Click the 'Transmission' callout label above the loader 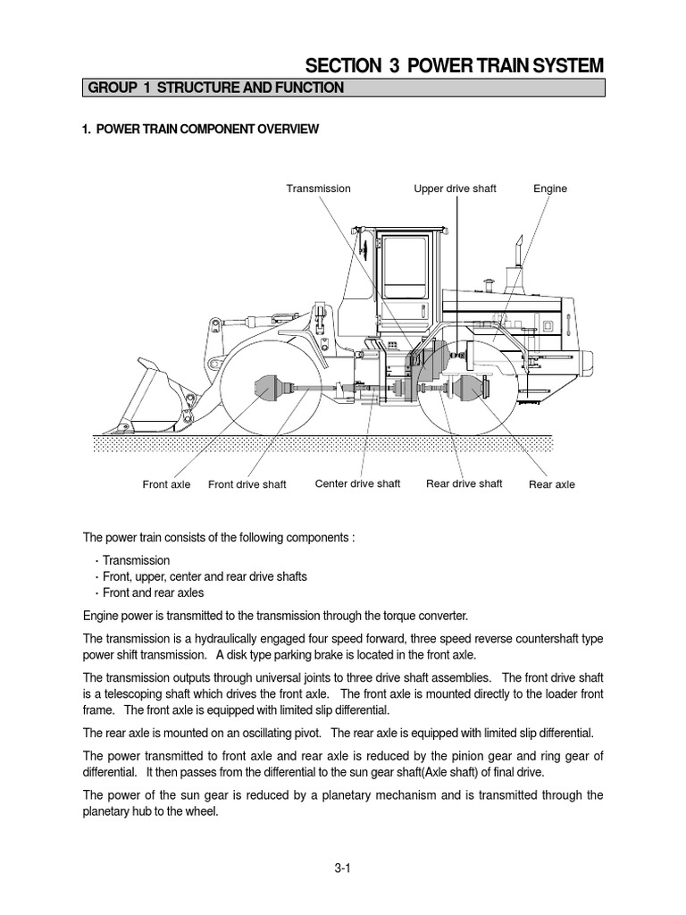coord(318,189)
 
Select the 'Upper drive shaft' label coord(455,189)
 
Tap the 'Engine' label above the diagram coord(549,189)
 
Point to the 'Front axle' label coord(166,484)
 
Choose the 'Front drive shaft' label coord(247,484)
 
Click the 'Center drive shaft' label coord(357,483)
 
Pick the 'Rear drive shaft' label coord(464,483)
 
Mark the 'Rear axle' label coord(551,484)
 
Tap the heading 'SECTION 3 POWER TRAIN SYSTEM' coord(455,65)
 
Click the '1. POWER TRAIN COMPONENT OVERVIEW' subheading coord(200,130)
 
